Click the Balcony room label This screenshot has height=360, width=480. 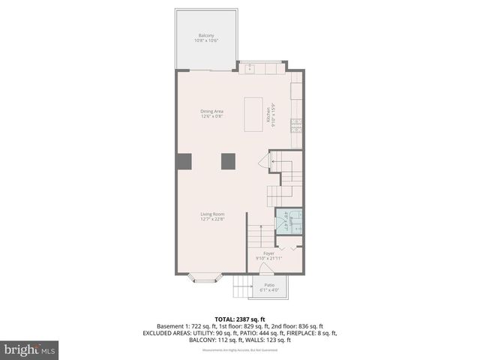tap(206, 38)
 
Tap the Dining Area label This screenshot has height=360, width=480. tap(211, 114)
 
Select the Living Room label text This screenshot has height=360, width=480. tap(212, 217)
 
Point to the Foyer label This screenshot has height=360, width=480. tap(268, 256)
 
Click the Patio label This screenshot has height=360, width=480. tap(268, 287)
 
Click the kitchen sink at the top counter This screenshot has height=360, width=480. tap(250, 69)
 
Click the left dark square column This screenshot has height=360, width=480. tap(184, 160)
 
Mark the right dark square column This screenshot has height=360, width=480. tap(228, 160)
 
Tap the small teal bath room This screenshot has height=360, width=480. tap(289, 220)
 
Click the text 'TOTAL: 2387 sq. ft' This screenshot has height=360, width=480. tap(241, 319)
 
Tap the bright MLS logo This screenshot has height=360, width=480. tap(30, 349)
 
